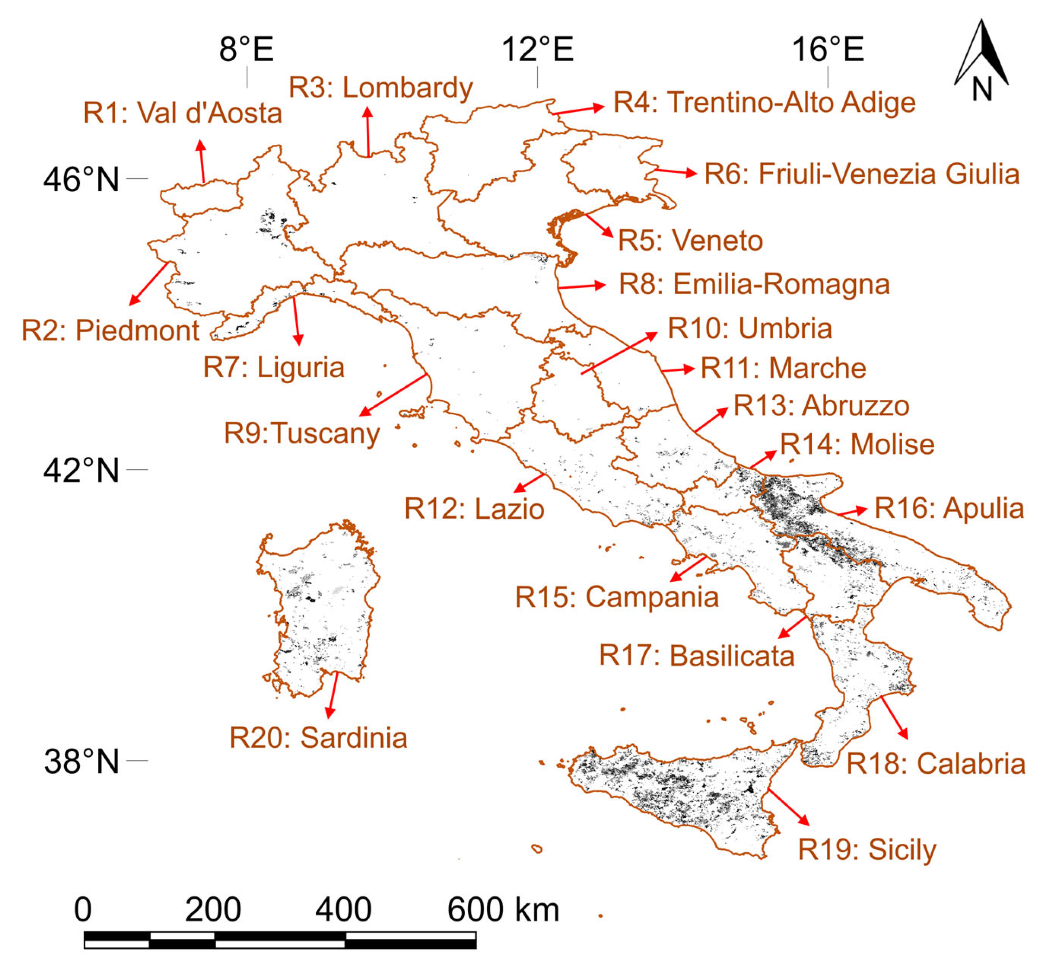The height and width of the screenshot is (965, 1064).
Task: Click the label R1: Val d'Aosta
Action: coord(183,113)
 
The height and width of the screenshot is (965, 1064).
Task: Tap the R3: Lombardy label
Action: coord(380,88)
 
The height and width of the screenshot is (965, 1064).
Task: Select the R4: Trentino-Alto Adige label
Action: coord(764,102)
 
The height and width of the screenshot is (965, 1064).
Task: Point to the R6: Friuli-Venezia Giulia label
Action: coord(862,174)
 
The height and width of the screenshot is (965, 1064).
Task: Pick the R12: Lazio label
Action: coord(474,509)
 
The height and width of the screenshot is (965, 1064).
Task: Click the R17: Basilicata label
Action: coord(697,656)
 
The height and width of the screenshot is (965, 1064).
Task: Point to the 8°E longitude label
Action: coord(247,50)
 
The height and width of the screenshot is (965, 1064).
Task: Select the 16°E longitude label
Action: coord(828,50)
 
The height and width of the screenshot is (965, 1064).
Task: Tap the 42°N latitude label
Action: coord(81,470)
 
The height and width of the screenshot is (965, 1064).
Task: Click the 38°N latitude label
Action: coord(81,761)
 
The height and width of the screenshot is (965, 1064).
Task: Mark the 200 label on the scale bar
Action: coord(213,909)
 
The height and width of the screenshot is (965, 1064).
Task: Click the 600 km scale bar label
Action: coord(502,909)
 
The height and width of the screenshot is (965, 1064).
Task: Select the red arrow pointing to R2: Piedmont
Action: coord(149,283)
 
